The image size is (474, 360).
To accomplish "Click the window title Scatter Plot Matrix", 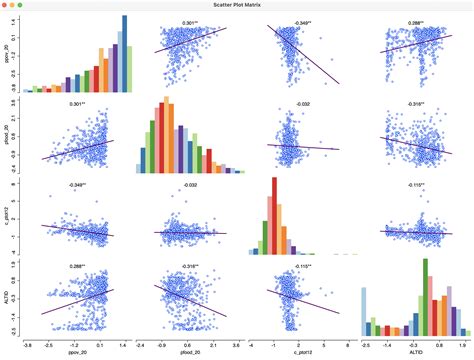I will pyautogui.click(x=237, y=6).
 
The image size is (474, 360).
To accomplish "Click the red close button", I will pyautogui.click(x=7, y=6).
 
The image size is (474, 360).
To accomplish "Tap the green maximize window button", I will pyautogui.click(x=31, y=6).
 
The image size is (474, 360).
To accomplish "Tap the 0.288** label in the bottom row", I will pyautogui.click(x=76, y=266).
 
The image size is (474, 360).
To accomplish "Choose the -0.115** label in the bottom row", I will pyautogui.click(x=298, y=266).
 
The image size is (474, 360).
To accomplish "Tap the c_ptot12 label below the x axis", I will pyautogui.click(x=298, y=352).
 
